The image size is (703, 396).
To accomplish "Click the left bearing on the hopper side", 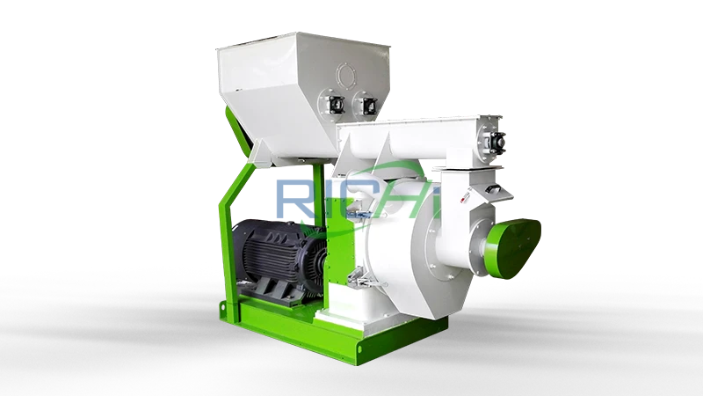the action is tap(336, 105).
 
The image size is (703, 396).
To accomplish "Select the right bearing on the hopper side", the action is tap(369, 105).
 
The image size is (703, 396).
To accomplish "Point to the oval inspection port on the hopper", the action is tap(346, 75).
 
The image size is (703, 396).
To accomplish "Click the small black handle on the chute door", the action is tap(494, 190).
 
